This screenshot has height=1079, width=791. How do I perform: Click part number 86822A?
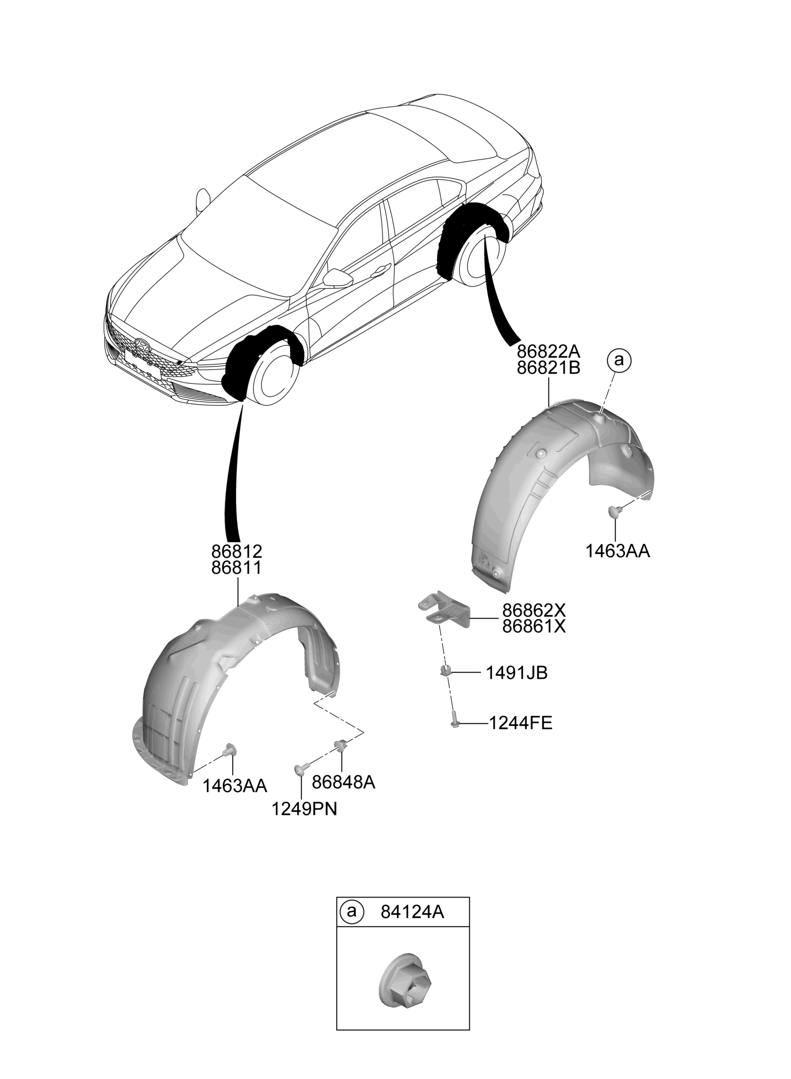(548, 352)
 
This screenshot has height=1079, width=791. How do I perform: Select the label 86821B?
(548, 368)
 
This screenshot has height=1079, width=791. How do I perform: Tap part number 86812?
(236, 552)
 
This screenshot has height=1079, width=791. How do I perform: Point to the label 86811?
(236, 568)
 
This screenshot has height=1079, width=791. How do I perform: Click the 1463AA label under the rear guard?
(618, 551)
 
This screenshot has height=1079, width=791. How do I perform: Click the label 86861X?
(534, 626)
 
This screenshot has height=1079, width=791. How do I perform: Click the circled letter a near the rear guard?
(619, 360)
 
